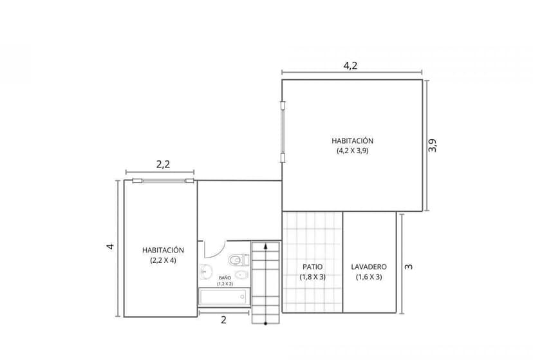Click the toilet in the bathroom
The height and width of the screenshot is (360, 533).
pyautogui.click(x=237, y=260)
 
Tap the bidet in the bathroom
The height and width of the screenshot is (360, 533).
pyautogui.click(x=239, y=275)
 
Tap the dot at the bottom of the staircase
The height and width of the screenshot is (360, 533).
pyautogui.click(x=265, y=323)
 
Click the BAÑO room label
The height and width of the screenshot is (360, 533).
pyautogui.click(x=224, y=278)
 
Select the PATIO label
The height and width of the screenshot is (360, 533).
pyautogui.click(x=313, y=267)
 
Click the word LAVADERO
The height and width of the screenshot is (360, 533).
pyautogui.click(x=369, y=267)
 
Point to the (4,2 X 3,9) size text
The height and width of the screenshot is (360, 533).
pyautogui.click(x=352, y=151)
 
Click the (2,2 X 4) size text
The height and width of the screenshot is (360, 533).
pyautogui.click(x=163, y=260)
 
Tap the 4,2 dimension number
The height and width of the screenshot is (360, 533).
pyautogui.click(x=351, y=65)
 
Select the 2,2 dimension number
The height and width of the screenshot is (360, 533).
pyautogui.click(x=163, y=164)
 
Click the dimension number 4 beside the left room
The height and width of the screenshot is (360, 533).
pyautogui.click(x=110, y=247)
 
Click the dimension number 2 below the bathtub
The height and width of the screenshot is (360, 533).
pyautogui.click(x=223, y=320)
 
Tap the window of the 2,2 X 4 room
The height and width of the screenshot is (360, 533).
pyautogui.click(x=163, y=181)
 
